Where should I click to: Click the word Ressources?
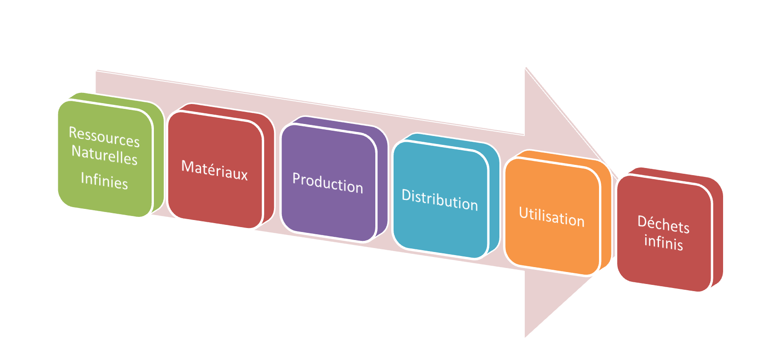(104, 136)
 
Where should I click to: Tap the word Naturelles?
(105, 155)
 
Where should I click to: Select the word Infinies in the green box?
(104, 180)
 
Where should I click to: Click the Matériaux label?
(214, 170)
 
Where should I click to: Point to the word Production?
(327, 183)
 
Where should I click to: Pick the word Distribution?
(439, 200)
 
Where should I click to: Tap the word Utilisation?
(551, 217)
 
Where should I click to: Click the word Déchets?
(663, 224)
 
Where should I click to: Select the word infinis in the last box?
(663, 242)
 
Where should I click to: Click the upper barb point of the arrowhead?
(525, 68)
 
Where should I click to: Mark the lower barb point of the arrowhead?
(525, 338)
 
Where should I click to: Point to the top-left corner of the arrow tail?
(96, 70)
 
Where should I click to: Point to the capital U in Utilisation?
(523, 213)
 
